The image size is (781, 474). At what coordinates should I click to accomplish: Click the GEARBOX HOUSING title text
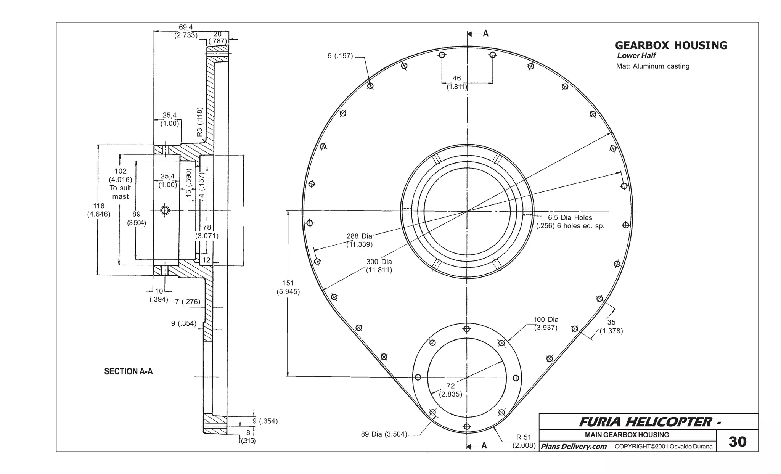[671, 45]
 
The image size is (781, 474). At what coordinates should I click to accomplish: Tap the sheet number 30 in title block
[737, 441]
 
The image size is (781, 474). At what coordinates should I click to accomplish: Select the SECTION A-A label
[129, 371]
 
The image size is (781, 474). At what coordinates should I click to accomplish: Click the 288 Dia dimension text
[359, 240]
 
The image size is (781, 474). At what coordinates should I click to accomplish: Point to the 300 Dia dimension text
[379, 266]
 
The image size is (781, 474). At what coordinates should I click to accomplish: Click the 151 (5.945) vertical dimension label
[288, 287]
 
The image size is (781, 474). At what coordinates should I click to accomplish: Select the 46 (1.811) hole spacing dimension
[457, 82]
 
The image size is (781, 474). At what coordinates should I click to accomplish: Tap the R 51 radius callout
[524, 441]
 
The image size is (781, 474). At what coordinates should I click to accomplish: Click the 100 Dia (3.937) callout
[546, 323]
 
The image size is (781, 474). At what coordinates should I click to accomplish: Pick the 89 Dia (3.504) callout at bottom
[384, 434]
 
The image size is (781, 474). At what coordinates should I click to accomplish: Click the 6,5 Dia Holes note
[570, 222]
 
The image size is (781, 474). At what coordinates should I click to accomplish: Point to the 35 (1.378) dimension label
[611, 326]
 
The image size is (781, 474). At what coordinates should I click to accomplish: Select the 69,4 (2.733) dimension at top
[186, 31]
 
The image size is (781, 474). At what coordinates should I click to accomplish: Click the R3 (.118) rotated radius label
[199, 122]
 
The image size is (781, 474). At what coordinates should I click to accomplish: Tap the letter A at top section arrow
[485, 34]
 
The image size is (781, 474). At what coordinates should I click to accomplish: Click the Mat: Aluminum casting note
[652, 66]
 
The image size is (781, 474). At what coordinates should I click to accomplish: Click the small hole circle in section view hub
[165, 210]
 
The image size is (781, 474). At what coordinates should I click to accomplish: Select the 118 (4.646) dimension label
[99, 210]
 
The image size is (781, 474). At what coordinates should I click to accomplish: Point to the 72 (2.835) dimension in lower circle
[450, 390]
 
